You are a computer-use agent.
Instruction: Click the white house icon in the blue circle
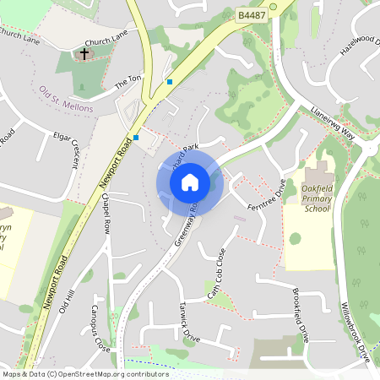pyautogui.click(x=190, y=182)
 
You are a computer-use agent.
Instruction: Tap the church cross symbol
pyautogui.click(x=84, y=55)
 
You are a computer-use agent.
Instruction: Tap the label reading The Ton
pyautogui.click(x=128, y=80)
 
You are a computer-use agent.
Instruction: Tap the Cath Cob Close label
pyautogui.click(x=218, y=273)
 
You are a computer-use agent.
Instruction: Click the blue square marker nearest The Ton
pyautogui.click(x=170, y=82)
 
